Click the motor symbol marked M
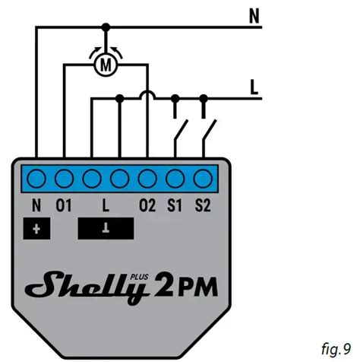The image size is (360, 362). tap(106, 65)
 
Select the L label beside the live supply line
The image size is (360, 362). tap(256, 87)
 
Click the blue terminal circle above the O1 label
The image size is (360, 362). tap(65, 179)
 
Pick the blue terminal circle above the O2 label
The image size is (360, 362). tap(147, 179)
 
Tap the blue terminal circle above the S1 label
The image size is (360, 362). tap(175, 179)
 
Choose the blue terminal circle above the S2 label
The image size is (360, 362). tap(202, 179)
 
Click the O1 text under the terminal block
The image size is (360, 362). tap(64, 205)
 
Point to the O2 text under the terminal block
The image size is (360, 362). tap(147, 205)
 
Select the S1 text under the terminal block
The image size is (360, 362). tap(175, 205)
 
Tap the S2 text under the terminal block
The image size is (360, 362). tap(202, 205)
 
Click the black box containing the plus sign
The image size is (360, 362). tap(37, 227)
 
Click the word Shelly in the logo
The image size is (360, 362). tap(83, 287)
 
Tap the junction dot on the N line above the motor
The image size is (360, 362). tap(106, 27)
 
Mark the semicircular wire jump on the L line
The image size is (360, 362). tap(147, 96)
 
